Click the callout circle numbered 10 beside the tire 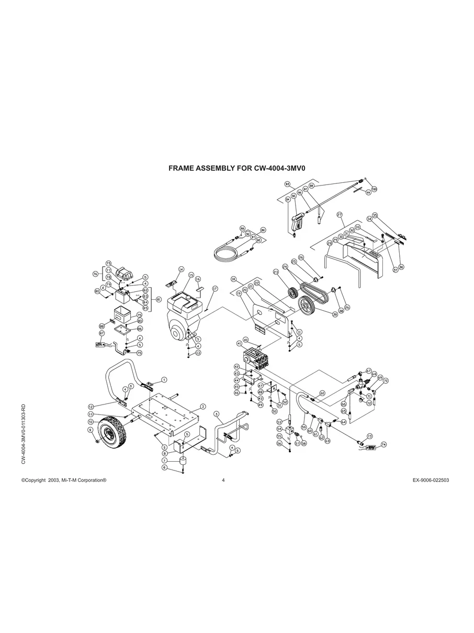pyautogui.click(x=91, y=421)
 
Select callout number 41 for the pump pyautogui.click(x=239, y=343)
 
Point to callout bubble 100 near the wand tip pyautogui.click(x=374, y=189)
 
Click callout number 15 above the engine pyautogui.click(x=191, y=275)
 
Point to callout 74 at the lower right pyautogui.click(x=383, y=445)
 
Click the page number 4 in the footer pyautogui.click(x=223, y=480)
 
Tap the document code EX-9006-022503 pyautogui.click(x=431, y=480)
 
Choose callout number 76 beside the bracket pyautogui.click(x=95, y=274)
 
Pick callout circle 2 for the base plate pyautogui.click(x=202, y=406)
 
